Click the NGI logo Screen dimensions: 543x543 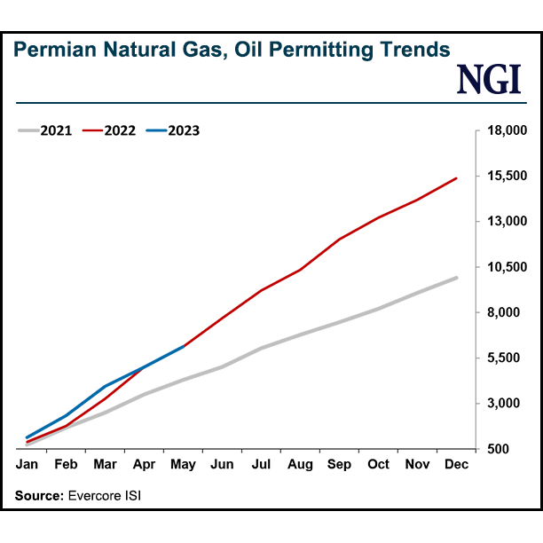pos(488,80)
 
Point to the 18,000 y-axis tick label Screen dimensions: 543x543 pos(508,131)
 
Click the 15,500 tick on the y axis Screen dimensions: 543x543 pos(508,177)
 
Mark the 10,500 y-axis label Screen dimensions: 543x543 pos(508,267)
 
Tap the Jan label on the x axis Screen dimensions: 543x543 pos(28,464)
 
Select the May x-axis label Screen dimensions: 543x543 pos(183,464)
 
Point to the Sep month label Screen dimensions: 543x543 pos(339,464)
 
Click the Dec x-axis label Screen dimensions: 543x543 pos(456,464)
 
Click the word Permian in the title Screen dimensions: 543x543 pos(51,50)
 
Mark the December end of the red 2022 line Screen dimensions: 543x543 pos(456,178)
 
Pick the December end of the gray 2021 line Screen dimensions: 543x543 pos(456,278)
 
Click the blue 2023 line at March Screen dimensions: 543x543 pos(106,386)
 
